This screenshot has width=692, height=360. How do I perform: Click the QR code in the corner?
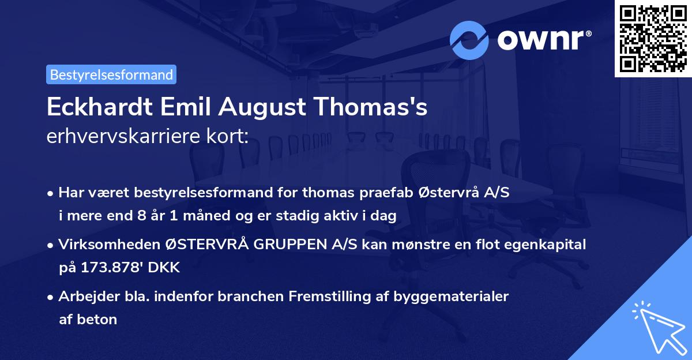pos(653,39)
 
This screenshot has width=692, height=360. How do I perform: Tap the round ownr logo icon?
pos(469,40)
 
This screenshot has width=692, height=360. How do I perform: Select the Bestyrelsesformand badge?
pos(111,74)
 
